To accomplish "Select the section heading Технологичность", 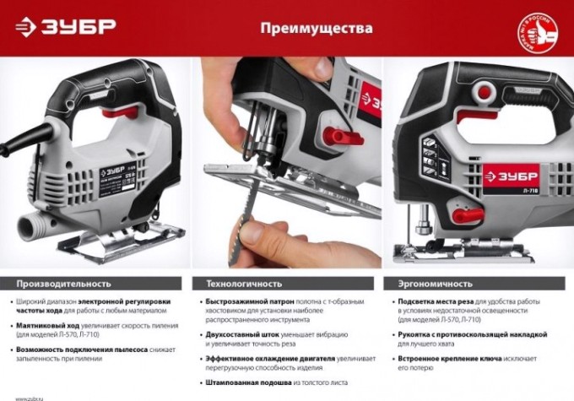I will (245, 283).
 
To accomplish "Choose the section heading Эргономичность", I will (431, 283).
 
